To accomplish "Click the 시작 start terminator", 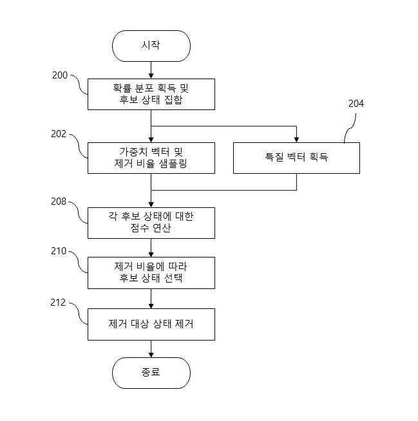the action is (x=151, y=46).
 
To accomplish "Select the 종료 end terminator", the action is (x=151, y=373).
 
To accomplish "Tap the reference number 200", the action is (x=60, y=75).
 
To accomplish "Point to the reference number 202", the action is (x=59, y=134).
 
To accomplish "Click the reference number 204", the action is (x=356, y=104).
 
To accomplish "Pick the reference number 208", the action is (x=59, y=201).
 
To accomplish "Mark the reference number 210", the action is (x=59, y=251).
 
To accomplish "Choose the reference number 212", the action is (x=58, y=303).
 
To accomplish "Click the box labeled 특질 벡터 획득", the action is (x=296, y=158).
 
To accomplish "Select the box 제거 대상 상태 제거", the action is (x=151, y=324).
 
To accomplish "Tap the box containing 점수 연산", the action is (x=151, y=223).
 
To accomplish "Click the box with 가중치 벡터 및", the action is (x=151, y=158).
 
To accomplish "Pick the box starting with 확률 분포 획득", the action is (x=151, y=94).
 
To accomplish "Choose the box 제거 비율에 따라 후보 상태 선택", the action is (x=151, y=273).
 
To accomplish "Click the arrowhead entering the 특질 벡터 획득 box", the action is (x=296, y=140).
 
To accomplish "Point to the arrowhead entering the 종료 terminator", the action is (x=151, y=355).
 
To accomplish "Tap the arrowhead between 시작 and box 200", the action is (x=151, y=76).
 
